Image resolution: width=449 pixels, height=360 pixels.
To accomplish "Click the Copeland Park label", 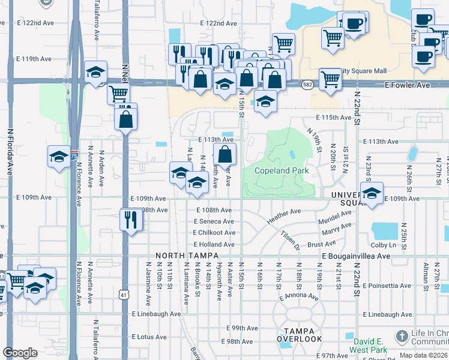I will (281, 171).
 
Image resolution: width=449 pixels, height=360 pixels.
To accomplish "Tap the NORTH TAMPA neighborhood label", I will (182, 256).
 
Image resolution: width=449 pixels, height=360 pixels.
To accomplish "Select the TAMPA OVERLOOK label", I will (300, 335).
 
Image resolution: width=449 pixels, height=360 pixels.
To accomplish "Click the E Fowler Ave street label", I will (408, 85).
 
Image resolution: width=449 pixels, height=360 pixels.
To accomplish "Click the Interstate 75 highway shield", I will (73, 155).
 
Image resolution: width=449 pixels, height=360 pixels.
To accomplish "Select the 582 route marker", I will (307, 85).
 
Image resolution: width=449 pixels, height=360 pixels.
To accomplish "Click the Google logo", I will (20, 352).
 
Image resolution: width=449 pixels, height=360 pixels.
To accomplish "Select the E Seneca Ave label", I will (214, 221).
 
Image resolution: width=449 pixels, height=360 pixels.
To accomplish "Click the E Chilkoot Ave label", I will (214, 233).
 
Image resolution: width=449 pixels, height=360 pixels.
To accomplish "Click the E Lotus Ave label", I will (151, 337).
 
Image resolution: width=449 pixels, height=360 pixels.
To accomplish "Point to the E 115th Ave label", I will (333, 118).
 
